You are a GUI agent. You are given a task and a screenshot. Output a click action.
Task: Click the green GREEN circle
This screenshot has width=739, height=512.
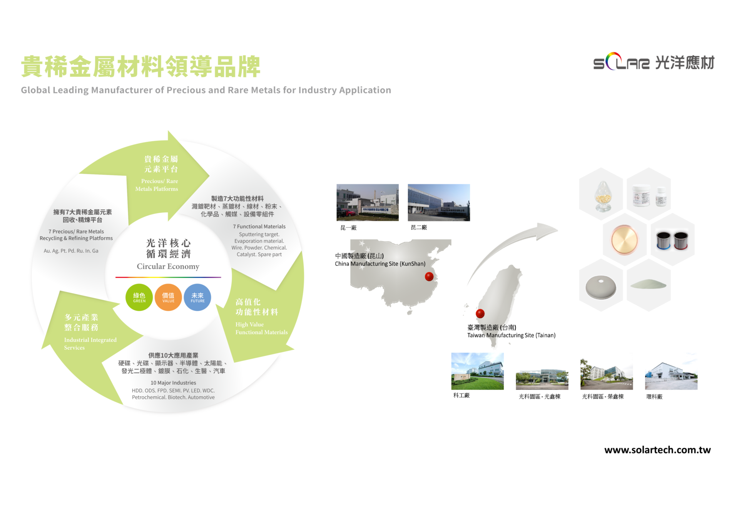[139, 297]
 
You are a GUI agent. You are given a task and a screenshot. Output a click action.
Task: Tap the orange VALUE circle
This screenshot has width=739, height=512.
[168, 297]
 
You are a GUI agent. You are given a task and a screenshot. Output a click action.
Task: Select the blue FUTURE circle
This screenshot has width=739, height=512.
[197, 297]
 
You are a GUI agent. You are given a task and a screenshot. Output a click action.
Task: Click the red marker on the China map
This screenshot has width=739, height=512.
[429, 277]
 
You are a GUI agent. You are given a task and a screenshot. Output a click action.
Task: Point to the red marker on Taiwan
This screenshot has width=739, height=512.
[480, 314]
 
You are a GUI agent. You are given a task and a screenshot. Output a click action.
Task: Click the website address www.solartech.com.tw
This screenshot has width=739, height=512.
[657, 450]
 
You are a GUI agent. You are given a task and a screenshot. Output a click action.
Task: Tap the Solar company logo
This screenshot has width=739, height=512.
[654, 62]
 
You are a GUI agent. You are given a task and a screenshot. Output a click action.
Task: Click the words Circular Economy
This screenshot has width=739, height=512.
[168, 266]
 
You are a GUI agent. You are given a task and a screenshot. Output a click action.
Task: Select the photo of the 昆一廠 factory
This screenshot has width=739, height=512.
[368, 202]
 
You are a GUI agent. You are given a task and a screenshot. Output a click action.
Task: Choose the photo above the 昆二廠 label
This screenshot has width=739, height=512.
[439, 202]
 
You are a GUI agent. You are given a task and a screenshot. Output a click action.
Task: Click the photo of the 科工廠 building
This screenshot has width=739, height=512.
[477, 371]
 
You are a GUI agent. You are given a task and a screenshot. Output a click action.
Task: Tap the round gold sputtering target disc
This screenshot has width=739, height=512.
[624, 240]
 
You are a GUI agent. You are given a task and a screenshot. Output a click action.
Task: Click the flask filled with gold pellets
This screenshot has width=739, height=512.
[603, 196]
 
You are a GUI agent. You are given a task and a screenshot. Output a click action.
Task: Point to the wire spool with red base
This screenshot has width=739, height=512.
[681, 241]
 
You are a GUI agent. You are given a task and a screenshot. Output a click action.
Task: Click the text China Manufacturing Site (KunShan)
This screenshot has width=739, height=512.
[380, 264]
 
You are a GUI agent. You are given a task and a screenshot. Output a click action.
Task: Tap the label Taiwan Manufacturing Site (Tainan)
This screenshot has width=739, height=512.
[511, 335]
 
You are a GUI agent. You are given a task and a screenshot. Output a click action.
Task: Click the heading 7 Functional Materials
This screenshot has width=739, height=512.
[259, 227]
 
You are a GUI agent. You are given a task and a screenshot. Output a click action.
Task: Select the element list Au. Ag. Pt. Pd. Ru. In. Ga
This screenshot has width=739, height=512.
[71, 251]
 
